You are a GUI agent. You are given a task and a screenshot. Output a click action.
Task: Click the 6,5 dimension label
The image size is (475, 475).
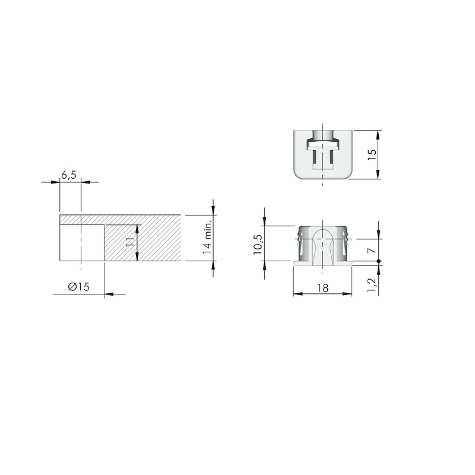pos(69,175)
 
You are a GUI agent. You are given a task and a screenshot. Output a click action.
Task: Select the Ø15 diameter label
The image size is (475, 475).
pos(79,287)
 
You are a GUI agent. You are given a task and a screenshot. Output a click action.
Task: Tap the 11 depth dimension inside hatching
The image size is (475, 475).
pos(129,242)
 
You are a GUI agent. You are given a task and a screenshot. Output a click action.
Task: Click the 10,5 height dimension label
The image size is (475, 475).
pos(258,244)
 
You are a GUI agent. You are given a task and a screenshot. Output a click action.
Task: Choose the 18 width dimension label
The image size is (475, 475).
pos(323,288)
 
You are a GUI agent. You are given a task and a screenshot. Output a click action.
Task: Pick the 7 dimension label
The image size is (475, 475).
pos(372,251)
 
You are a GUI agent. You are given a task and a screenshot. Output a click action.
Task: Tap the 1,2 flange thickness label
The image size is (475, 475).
pos(372,285)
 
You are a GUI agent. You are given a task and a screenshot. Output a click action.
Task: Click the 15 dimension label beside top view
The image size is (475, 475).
pos(373,155)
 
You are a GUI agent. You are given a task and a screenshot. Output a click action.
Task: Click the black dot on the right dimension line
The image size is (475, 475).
pos(378,261)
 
